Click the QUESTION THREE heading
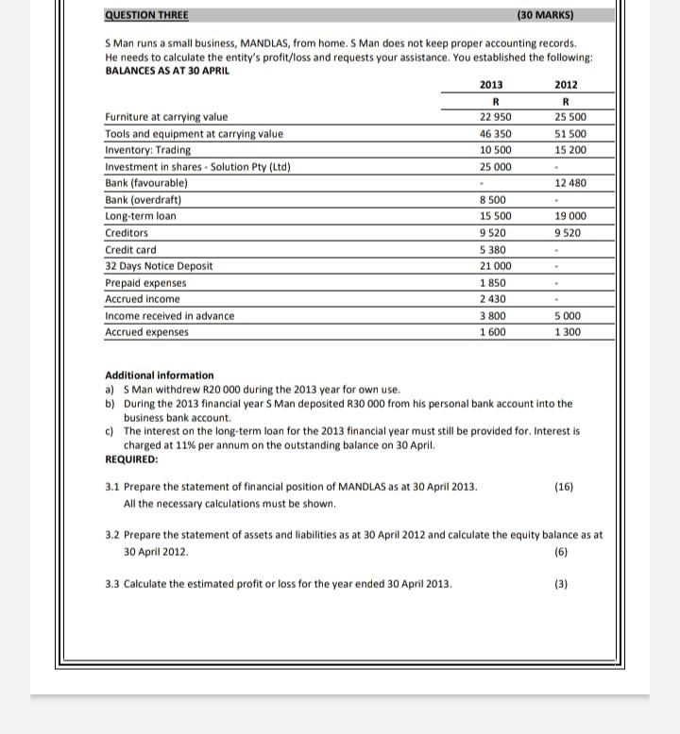146,15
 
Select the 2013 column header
491,85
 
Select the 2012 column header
566,85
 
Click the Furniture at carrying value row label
166,117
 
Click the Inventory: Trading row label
147,150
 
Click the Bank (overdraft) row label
144,200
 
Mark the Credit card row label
131,250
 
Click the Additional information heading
160,375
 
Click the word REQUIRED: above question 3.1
132,459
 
